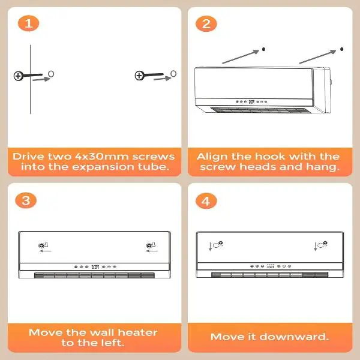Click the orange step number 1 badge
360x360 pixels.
point(28,23)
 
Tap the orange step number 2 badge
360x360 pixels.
point(206,23)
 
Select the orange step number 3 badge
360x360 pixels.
point(26,200)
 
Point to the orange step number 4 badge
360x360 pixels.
point(206,201)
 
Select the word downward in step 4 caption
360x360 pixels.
point(293,337)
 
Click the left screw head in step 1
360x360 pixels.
point(18,76)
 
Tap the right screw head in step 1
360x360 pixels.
point(139,76)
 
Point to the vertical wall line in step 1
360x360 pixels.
point(31,79)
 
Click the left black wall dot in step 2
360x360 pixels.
point(263,49)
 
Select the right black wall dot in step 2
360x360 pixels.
point(342,49)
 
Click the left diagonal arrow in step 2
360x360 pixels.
point(241,56)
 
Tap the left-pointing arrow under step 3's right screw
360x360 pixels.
point(152,251)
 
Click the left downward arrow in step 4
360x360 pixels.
point(210,247)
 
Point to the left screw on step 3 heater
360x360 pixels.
point(41,245)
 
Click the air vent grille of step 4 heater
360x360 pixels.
point(270,275)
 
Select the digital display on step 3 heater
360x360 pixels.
point(95,267)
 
